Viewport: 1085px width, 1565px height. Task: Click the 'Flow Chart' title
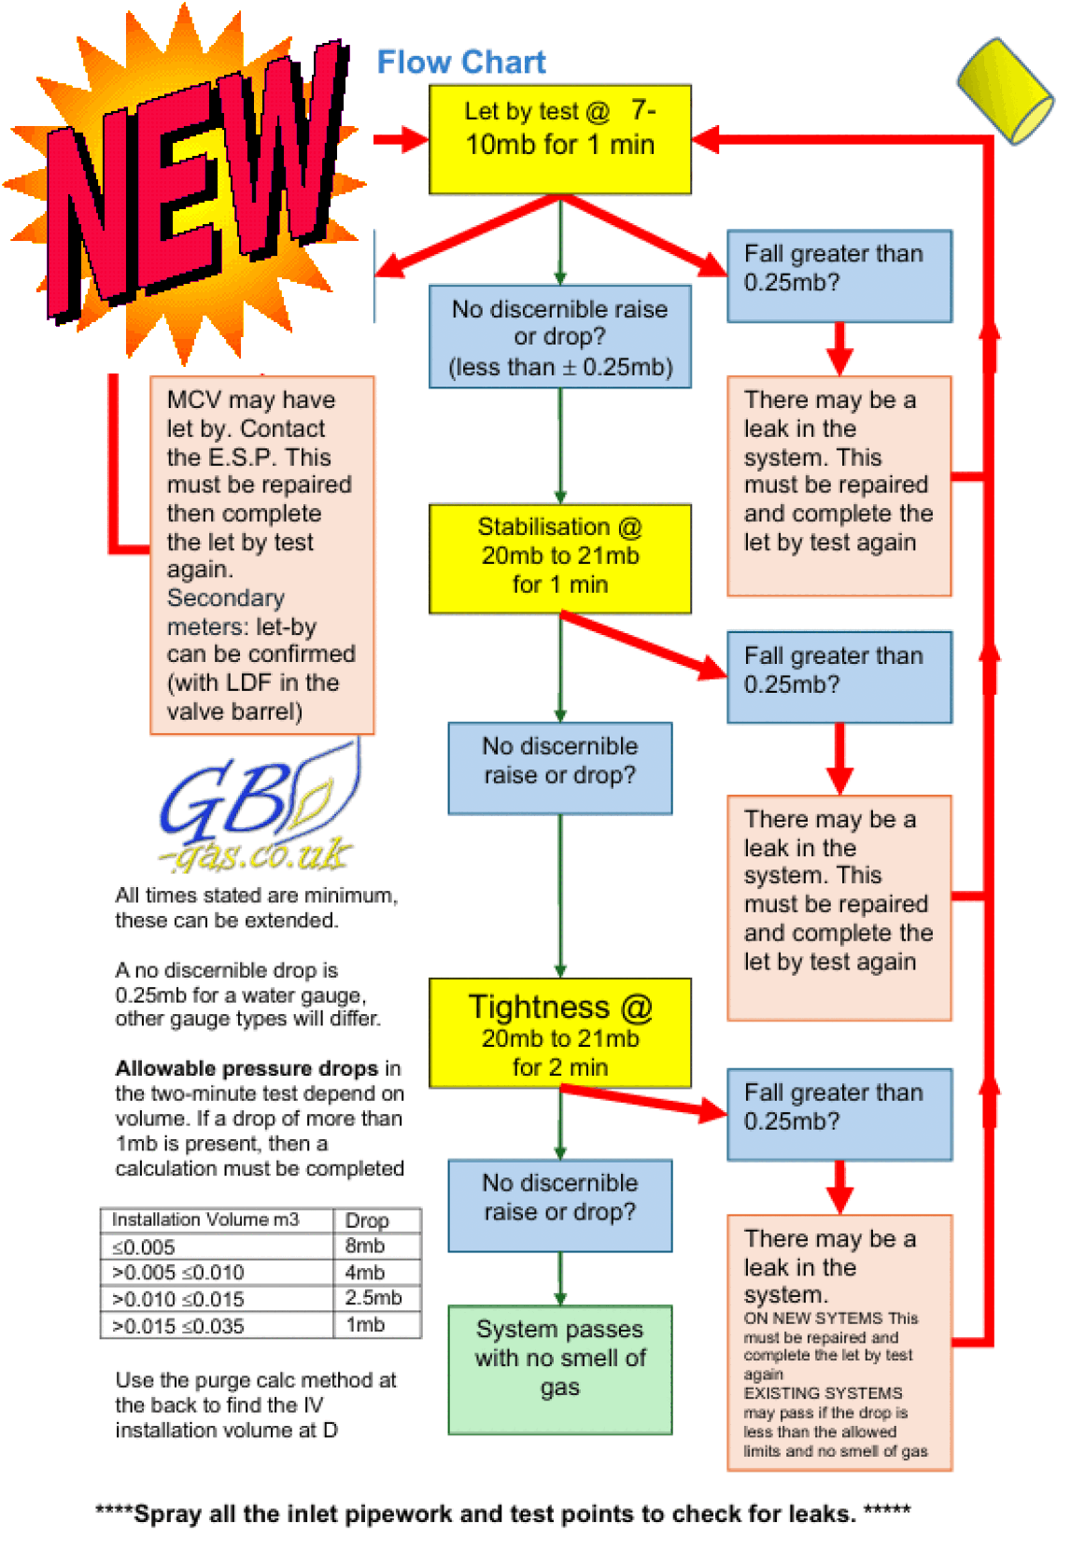coord(461,62)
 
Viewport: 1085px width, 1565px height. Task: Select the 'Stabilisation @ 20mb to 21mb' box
coord(559,557)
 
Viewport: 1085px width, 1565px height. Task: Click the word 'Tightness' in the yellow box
coord(539,1007)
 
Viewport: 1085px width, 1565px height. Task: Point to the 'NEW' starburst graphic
coord(187,177)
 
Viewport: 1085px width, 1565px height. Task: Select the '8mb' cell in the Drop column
coord(365,1246)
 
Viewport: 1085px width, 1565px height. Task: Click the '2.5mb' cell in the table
coord(373,1298)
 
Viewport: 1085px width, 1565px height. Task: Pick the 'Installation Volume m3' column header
coord(205,1220)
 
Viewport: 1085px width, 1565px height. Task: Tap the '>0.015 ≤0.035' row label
coord(178,1325)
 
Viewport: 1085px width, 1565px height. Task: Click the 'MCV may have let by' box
coord(261,555)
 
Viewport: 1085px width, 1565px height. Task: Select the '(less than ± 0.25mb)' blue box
coord(559,337)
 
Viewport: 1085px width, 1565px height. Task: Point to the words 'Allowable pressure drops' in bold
coord(247,1068)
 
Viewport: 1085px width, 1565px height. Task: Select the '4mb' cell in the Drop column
coord(365,1272)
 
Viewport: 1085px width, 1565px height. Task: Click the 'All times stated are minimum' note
coord(256,908)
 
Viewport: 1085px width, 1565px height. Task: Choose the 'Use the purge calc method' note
coord(256,1404)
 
